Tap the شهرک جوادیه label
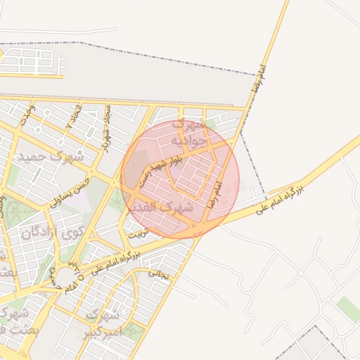click(188, 134)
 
